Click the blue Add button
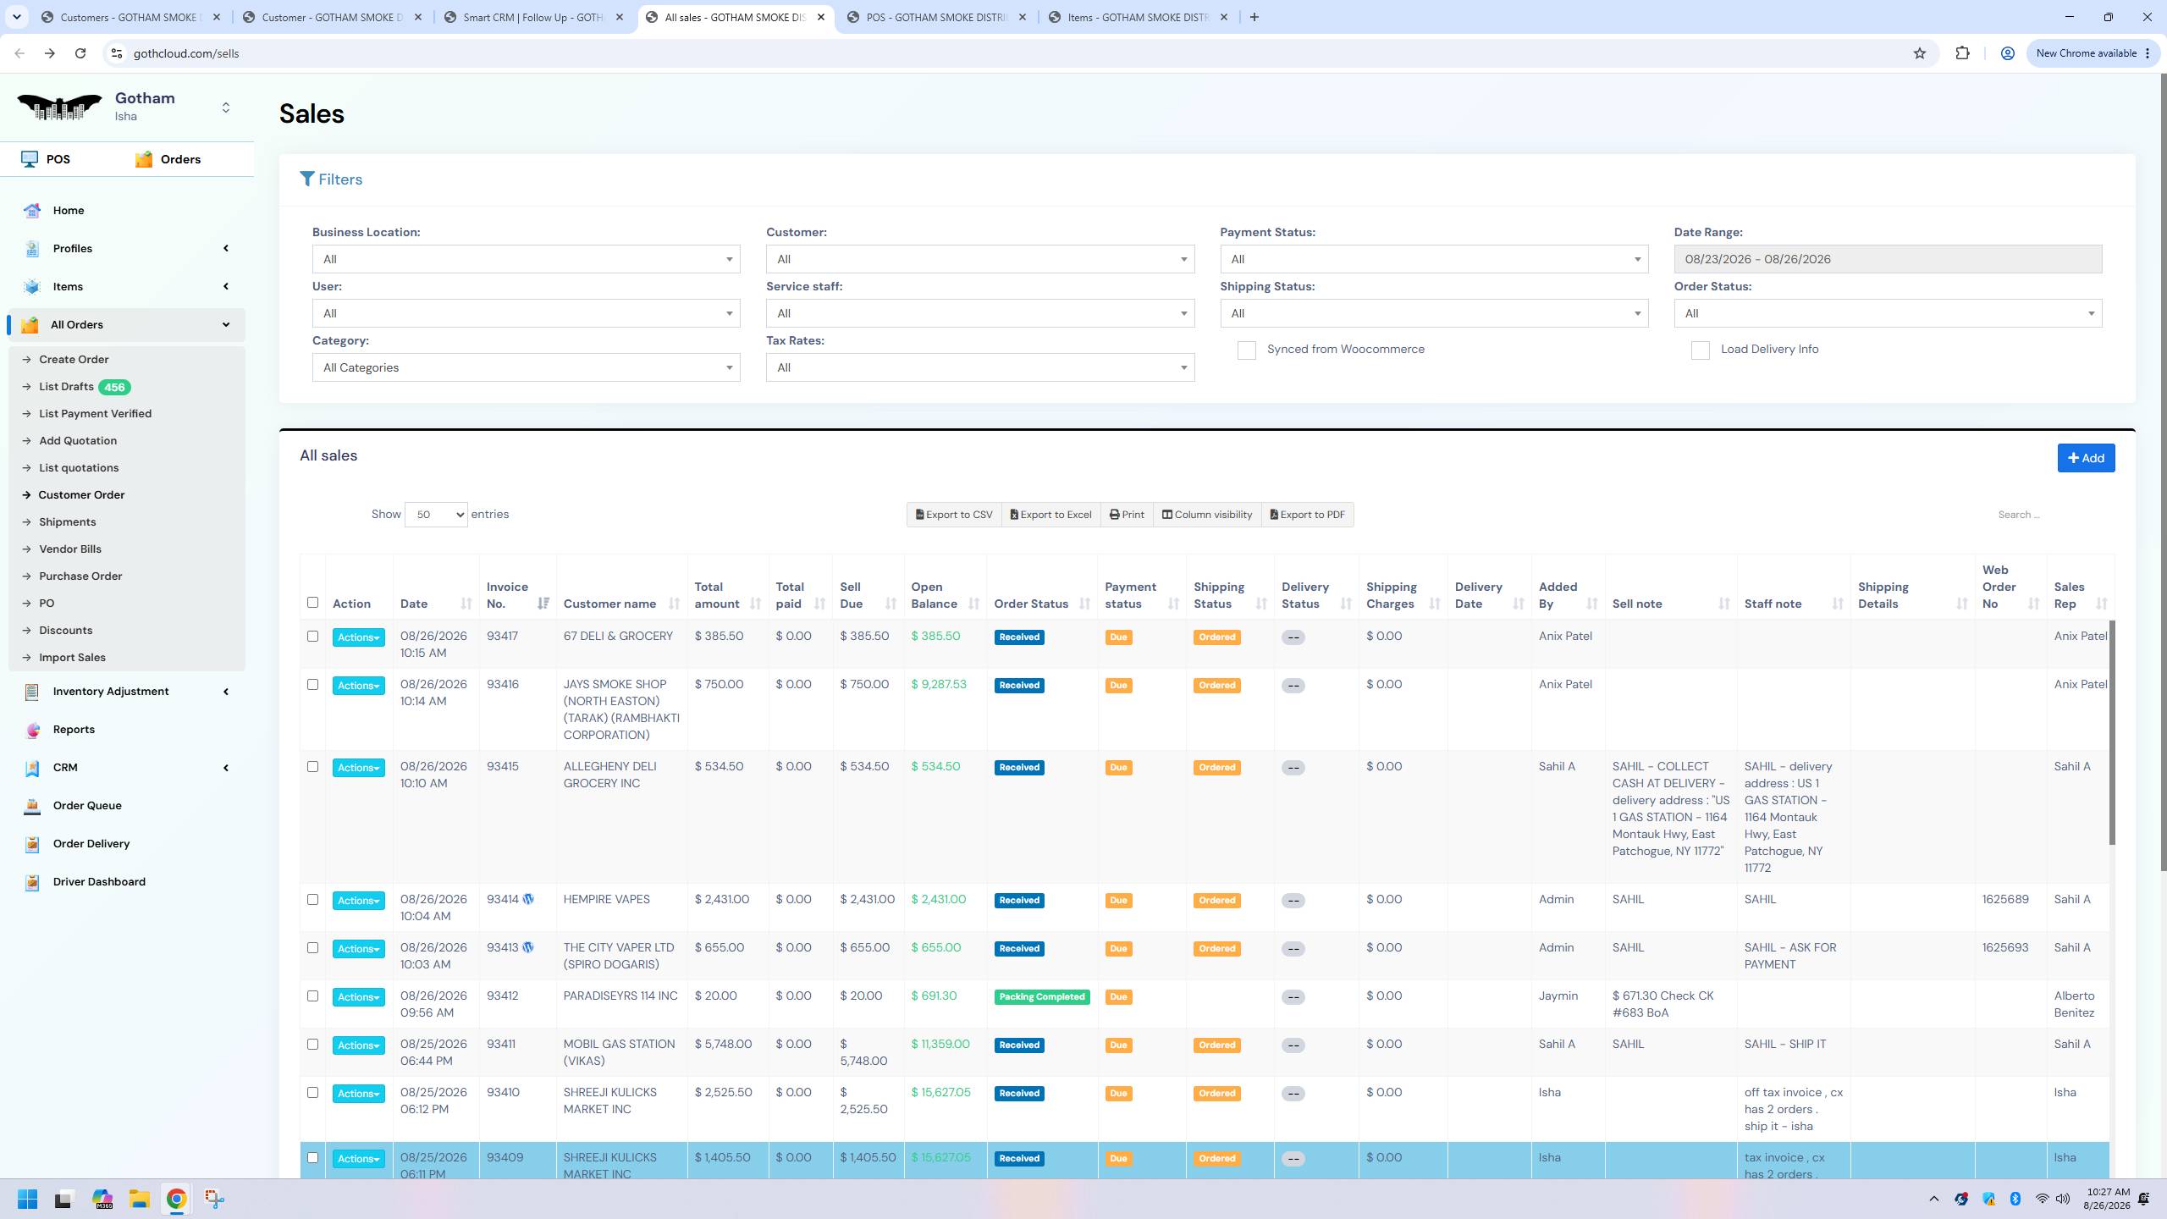click(2086, 458)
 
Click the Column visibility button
click(1206, 515)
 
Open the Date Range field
click(1887, 259)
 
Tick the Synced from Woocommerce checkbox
click(1246, 350)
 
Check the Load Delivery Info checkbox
click(1700, 350)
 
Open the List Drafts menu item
click(66, 387)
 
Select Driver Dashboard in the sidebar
click(99, 882)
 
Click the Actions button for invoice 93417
click(358, 637)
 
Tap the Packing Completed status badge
click(1041, 997)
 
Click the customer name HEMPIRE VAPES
click(606, 900)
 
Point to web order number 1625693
click(2004, 948)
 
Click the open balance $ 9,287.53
click(938, 685)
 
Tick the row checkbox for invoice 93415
click(312, 767)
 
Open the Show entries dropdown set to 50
click(436, 515)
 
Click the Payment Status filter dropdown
click(1433, 259)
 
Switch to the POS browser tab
click(936, 17)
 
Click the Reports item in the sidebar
click(74, 730)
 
